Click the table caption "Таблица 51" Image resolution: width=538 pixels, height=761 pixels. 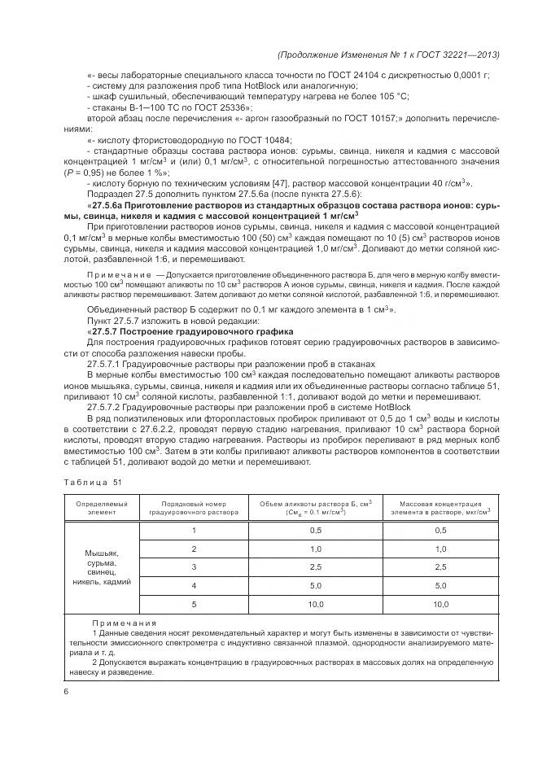92,482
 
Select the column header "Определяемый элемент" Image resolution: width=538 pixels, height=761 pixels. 102,508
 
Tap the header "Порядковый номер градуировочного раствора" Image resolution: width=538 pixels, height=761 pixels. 194,508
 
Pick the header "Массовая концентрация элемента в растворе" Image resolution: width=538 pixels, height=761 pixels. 440,508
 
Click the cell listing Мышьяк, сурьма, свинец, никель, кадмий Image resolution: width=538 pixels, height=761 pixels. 102,566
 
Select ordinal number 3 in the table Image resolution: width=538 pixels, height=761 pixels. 194,566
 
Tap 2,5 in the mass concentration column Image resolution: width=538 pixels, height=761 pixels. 440,566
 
